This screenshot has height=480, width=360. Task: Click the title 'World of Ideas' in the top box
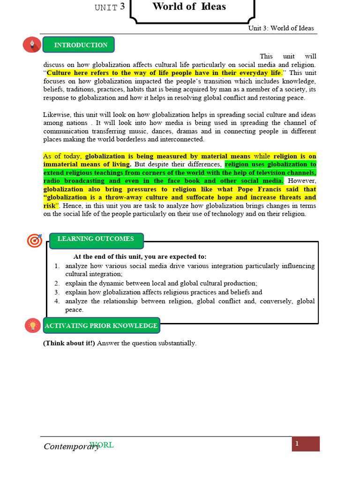click(x=189, y=7)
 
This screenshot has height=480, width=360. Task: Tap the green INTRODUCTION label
click(x=80, y=45)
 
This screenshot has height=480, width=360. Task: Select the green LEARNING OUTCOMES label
click(x=95, y=239)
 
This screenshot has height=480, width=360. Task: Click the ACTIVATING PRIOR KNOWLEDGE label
click(x=101, y=326)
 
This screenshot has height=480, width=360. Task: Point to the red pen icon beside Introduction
click(x=32, y=45)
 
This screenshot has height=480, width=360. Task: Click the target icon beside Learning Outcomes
click(x=34, y=240)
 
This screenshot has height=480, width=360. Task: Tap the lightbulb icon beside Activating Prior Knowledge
click(x=33, y=325)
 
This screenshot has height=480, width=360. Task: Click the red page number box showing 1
click(x=305, y=444)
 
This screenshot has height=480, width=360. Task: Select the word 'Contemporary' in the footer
click(x=71, y=446)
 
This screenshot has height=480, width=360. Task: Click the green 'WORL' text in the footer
click(x=102, y=445)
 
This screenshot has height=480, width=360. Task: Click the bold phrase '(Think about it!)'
click(x=69, y=343)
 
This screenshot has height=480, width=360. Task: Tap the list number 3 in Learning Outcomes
click(x=56, y=292)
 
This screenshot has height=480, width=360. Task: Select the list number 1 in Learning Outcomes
click(x=56, y=266)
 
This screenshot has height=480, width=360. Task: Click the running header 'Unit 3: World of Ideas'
click(x=281, y=28)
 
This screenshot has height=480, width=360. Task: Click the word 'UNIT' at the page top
click(x=106, y=7)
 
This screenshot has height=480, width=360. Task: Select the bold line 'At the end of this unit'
click(x=140, y=256)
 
